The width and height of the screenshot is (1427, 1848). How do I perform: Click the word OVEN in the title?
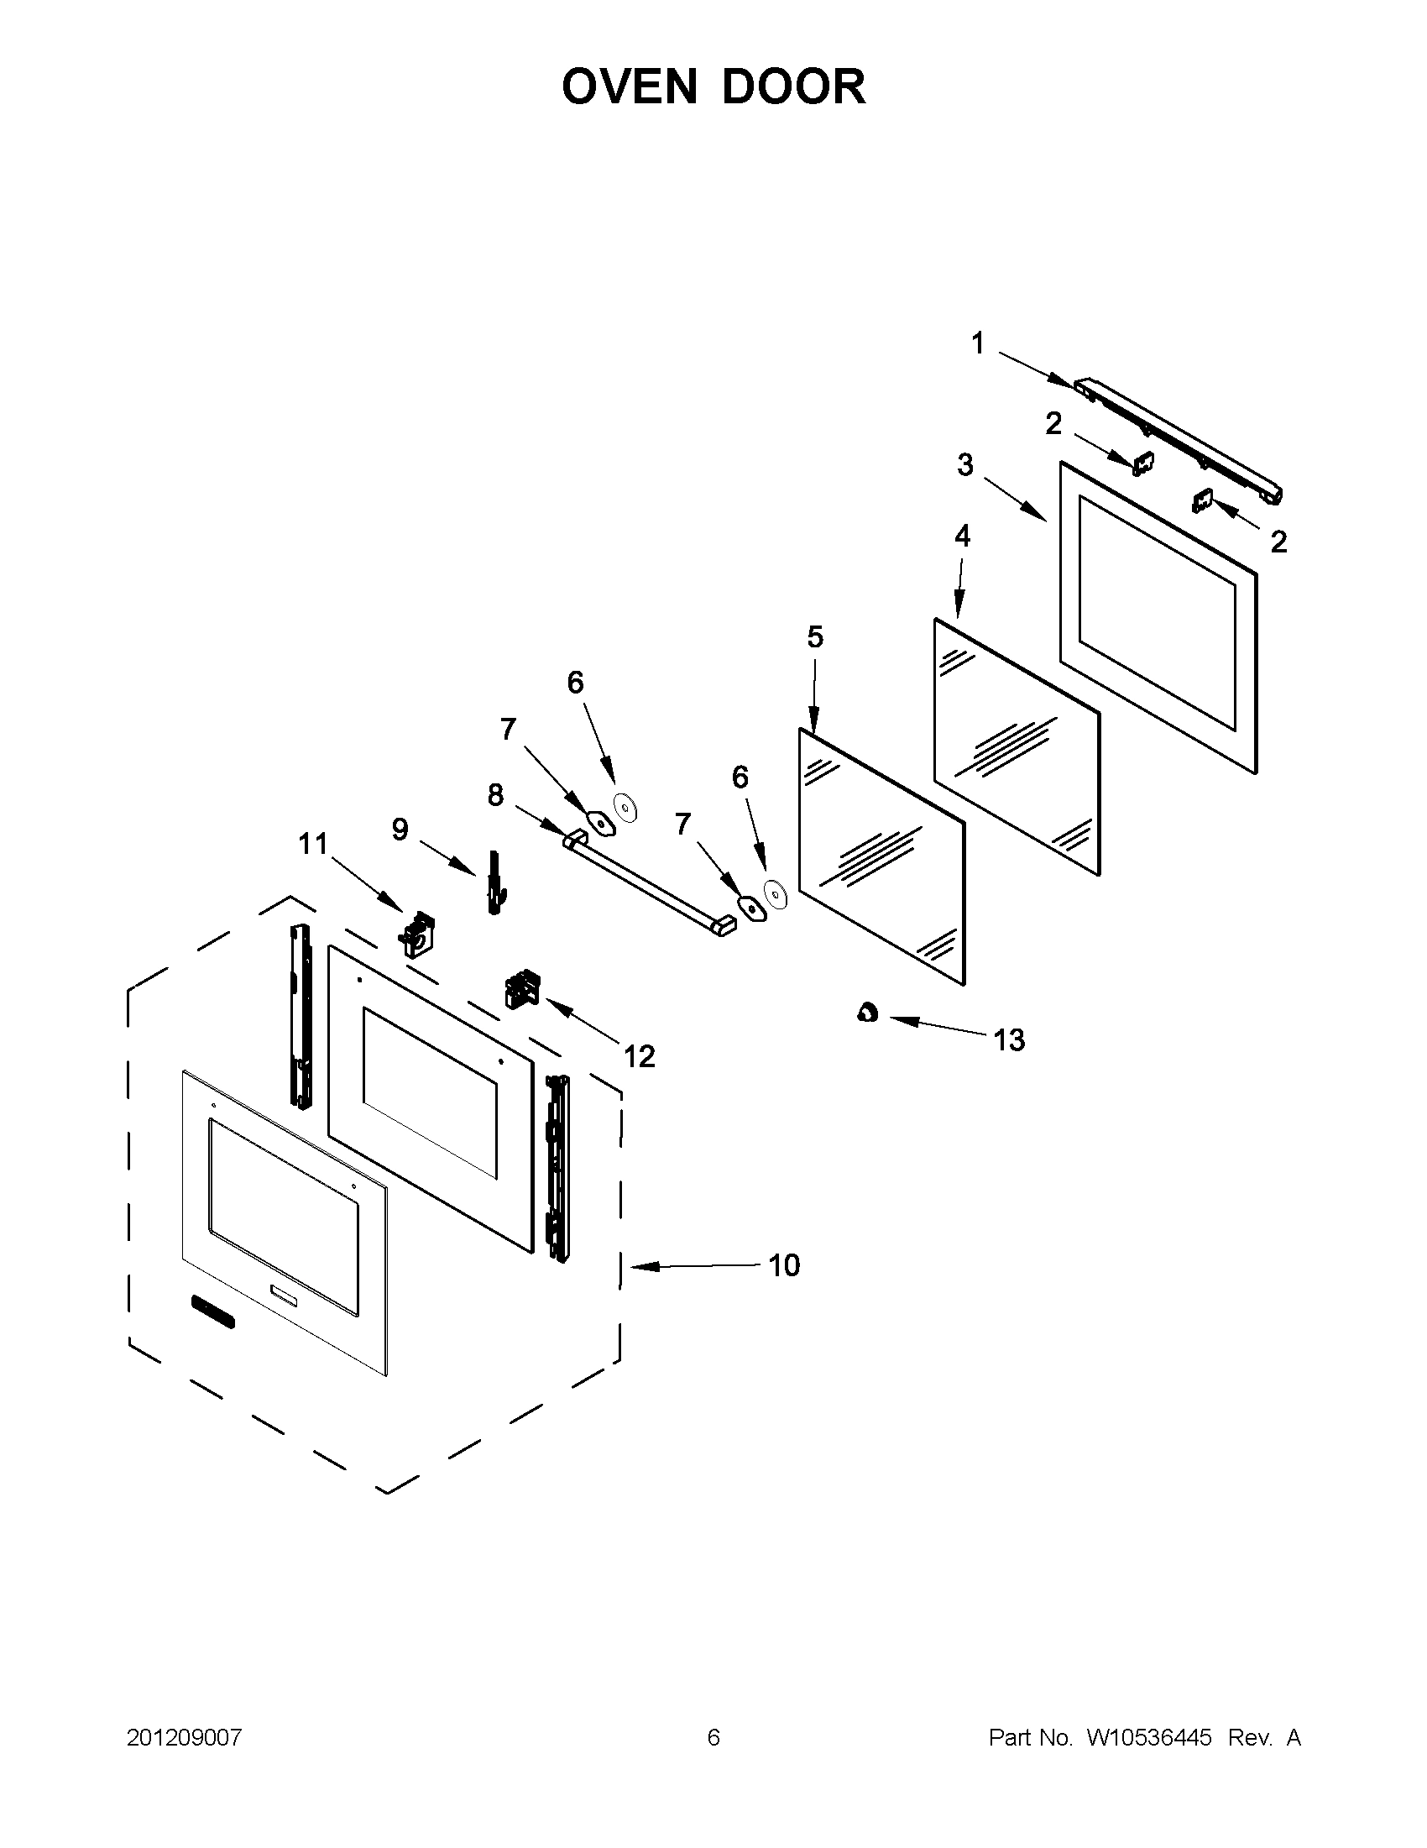click(630, 87)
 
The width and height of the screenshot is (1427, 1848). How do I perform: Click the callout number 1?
click(978, 343)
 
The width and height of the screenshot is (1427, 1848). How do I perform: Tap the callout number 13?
click(1009, 1040)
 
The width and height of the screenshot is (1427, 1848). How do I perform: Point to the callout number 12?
click(639, 1056)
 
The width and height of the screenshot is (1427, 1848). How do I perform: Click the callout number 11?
click(312, 844)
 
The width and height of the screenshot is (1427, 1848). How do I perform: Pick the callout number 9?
click(400, 830)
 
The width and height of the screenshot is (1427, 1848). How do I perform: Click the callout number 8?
click(495, 794)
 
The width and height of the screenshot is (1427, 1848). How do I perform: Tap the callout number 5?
click(814, 637)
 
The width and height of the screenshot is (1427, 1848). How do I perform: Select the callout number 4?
click(962, 535)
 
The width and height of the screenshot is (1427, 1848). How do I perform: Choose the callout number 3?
click(965, 464)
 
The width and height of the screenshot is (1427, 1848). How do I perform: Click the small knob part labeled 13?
click(866, 1012)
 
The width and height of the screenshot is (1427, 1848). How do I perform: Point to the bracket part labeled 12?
click(522, 988)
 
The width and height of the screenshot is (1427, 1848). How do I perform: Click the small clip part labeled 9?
click(493, 881)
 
